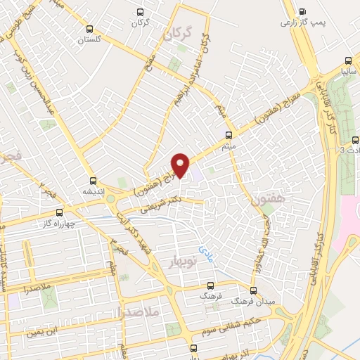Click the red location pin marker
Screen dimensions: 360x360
(x=181, y=165)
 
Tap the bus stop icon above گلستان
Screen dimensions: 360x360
(x=89, y=29)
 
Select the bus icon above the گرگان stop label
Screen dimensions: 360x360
(x=140, y=12)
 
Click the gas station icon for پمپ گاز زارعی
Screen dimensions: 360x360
(x=302, y=11)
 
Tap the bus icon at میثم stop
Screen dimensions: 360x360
(x=228, y=134)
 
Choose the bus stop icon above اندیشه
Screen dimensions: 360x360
(x=94, y=180)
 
